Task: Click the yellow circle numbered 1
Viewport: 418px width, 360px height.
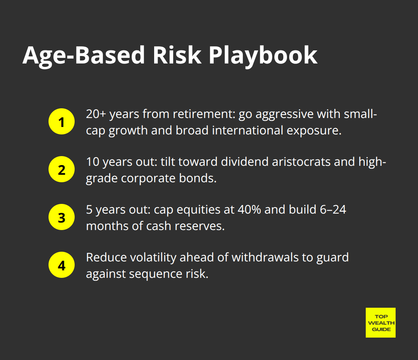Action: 62,122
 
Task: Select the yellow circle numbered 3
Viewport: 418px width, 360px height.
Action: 62,217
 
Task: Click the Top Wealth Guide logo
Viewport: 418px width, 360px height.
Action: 380,323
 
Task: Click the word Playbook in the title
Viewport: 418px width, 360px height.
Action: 263,56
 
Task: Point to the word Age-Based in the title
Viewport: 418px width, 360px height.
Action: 83,56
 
